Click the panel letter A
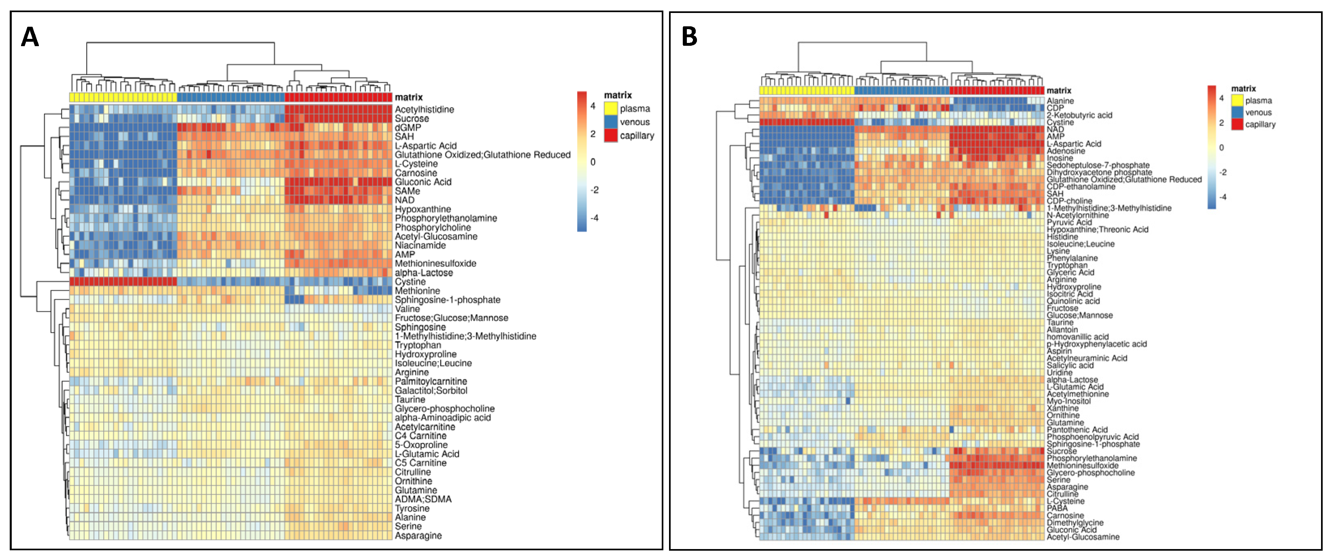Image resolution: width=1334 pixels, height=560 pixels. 30,37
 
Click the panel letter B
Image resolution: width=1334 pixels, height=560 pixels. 689,36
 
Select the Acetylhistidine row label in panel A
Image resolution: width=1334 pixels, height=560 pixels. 424,109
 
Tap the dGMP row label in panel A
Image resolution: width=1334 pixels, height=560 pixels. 408,128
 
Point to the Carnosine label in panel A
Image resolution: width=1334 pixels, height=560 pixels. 416,173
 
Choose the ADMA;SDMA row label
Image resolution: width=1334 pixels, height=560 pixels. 423,499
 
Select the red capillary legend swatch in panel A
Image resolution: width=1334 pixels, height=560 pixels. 611,136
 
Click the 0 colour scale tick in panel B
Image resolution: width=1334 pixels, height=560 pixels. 1221,148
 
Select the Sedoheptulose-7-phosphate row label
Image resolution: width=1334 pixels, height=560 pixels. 1098,165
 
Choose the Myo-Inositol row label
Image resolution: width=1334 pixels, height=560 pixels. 1068,401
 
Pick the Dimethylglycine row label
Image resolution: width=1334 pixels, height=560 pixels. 1075,523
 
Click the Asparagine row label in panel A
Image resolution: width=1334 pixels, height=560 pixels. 418,536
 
